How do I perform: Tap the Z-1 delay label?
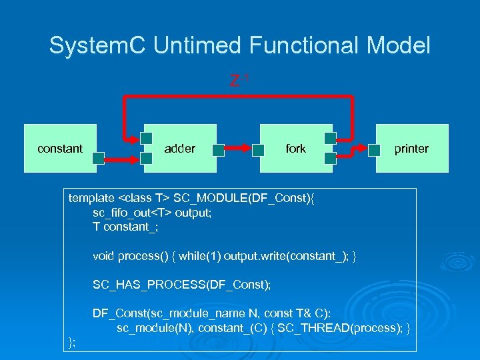(239, 81)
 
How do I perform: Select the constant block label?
(60, 149)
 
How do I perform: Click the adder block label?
(180, 149)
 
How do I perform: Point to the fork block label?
(295, 149)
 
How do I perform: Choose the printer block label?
(411, 149)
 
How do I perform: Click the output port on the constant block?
(98, 158)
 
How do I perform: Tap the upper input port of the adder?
(146, 139)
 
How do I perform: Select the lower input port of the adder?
(146, 159)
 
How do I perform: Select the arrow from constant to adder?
(122, 159)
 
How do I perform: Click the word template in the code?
(91, 198)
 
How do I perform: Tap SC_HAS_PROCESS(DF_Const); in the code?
(181, 285)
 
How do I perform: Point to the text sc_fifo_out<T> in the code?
(132, 212)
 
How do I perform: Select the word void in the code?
(104, 256)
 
